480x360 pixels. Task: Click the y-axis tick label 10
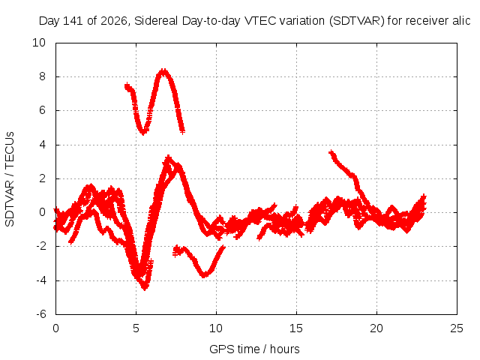coord(39,43)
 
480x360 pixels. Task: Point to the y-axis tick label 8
coord(42,76)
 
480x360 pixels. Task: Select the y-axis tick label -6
coord(40,314)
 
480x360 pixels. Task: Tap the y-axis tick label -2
coord(40,246)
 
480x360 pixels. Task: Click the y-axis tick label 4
coord(42,145)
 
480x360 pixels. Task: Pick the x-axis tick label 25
coord(457,328)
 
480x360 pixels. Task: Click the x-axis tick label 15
coord(296,328)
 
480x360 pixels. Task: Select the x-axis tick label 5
coord(136,328)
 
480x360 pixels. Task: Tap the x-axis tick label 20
coord(376,328)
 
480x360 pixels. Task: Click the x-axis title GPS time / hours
coord(254,349)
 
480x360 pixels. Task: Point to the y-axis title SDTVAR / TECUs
coord(10,179)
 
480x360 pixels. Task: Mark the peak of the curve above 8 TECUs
coord(164,72)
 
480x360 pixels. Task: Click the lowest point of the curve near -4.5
coord(145,288)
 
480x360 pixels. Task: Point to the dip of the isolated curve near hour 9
coord(205,275)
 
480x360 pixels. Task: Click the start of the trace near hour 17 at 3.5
coord(331,152)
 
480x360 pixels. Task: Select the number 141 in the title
coord(73,21)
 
